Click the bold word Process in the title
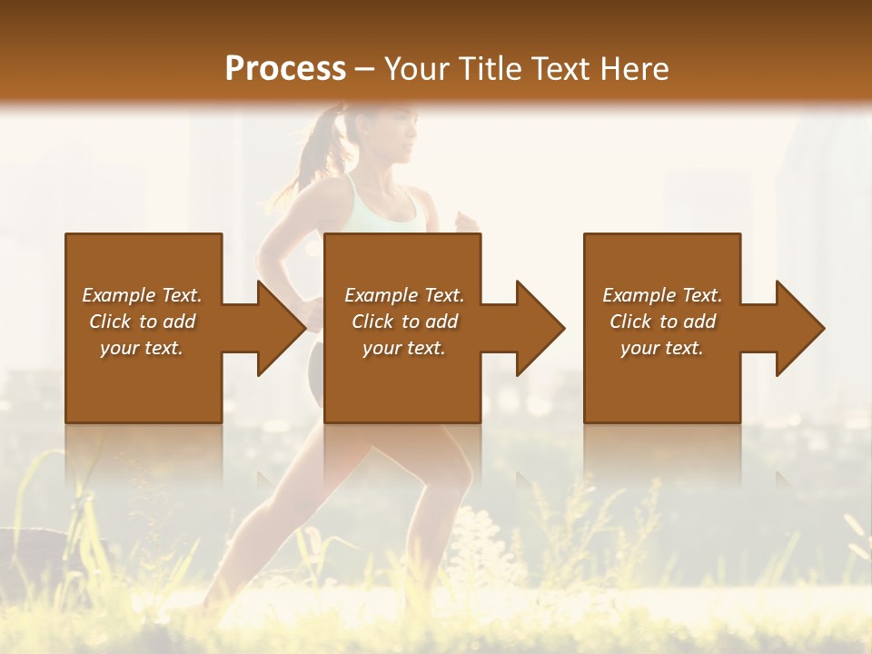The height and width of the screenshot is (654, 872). pos(285,68)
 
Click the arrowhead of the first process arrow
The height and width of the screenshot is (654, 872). pos(281,328)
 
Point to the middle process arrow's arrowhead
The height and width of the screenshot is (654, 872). pos(540,328)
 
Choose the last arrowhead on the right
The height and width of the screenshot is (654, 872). pos(799,328)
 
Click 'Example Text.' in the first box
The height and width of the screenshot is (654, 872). pos(142,295)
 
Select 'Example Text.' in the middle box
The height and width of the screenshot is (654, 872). pos(404,295)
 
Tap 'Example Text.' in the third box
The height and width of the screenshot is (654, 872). pos(662,295)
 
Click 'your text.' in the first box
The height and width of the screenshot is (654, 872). pos(142,348)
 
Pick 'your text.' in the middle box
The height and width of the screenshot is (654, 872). pos(404,348)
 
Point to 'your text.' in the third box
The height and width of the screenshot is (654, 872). pos(662,348)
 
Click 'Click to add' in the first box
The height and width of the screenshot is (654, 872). pos(142,322)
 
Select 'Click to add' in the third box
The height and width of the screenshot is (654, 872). pos(662,322)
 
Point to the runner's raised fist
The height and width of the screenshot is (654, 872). pos(466,222)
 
